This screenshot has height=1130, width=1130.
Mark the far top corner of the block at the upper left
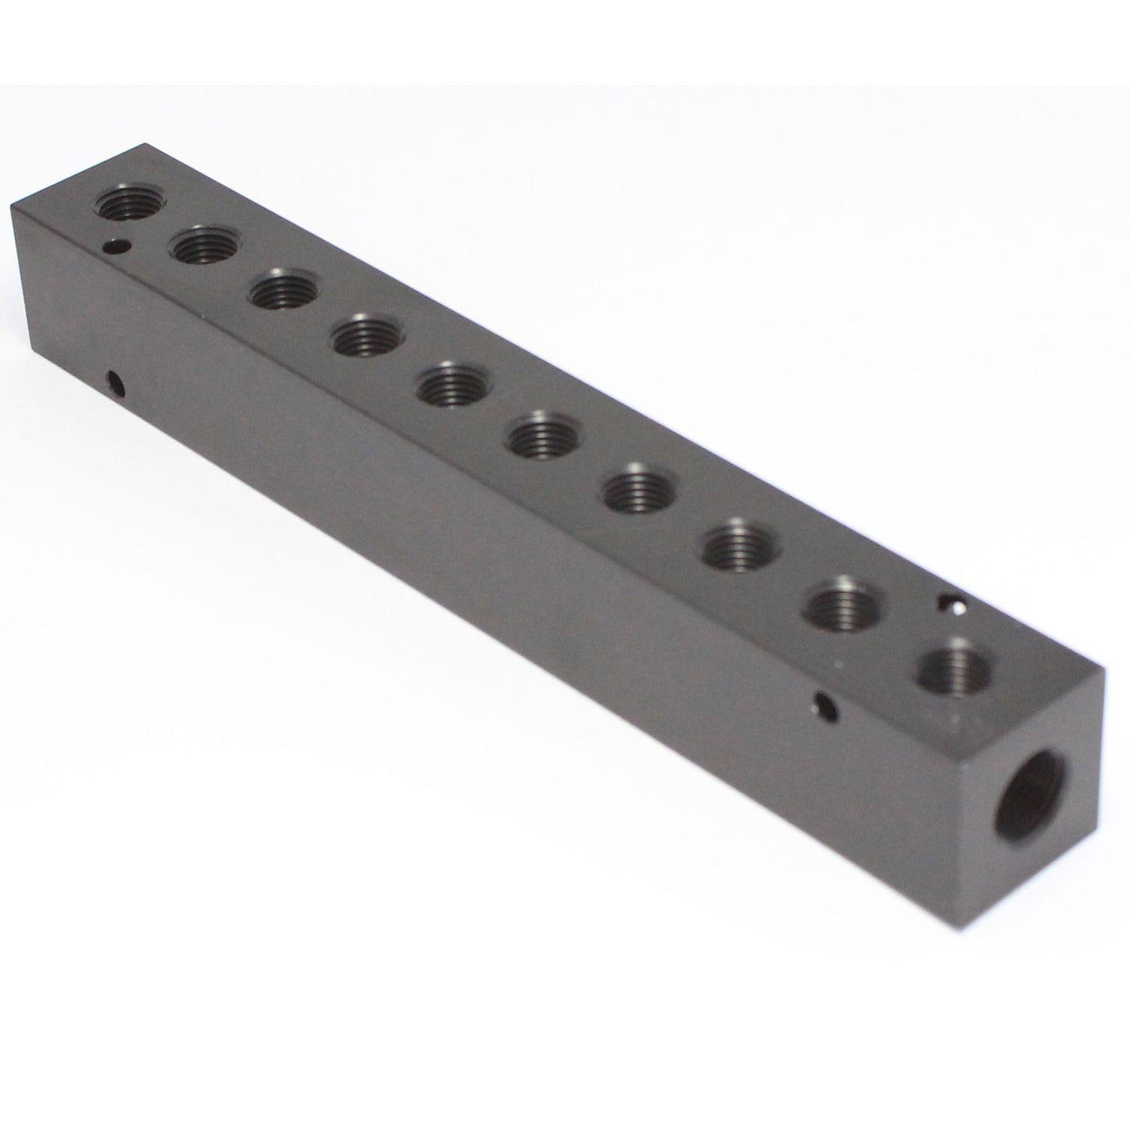[143, 144]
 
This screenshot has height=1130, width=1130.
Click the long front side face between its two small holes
[469, 547]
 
